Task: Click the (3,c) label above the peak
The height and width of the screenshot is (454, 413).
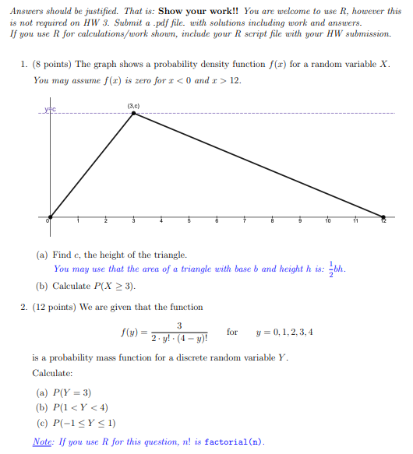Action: pos(133,105)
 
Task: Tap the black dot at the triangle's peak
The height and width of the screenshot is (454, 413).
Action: pos(134,114)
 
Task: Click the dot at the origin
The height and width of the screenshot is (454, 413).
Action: pos(51,217)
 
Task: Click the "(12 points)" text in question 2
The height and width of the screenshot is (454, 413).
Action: pos(55,308)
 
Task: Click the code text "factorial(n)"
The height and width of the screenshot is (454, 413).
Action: pos(234,442)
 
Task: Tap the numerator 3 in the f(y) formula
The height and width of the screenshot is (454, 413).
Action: pos(180,326)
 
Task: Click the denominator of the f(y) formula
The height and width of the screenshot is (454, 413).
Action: pos(180,340)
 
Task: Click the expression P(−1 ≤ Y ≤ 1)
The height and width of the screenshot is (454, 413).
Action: pos(85,424)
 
